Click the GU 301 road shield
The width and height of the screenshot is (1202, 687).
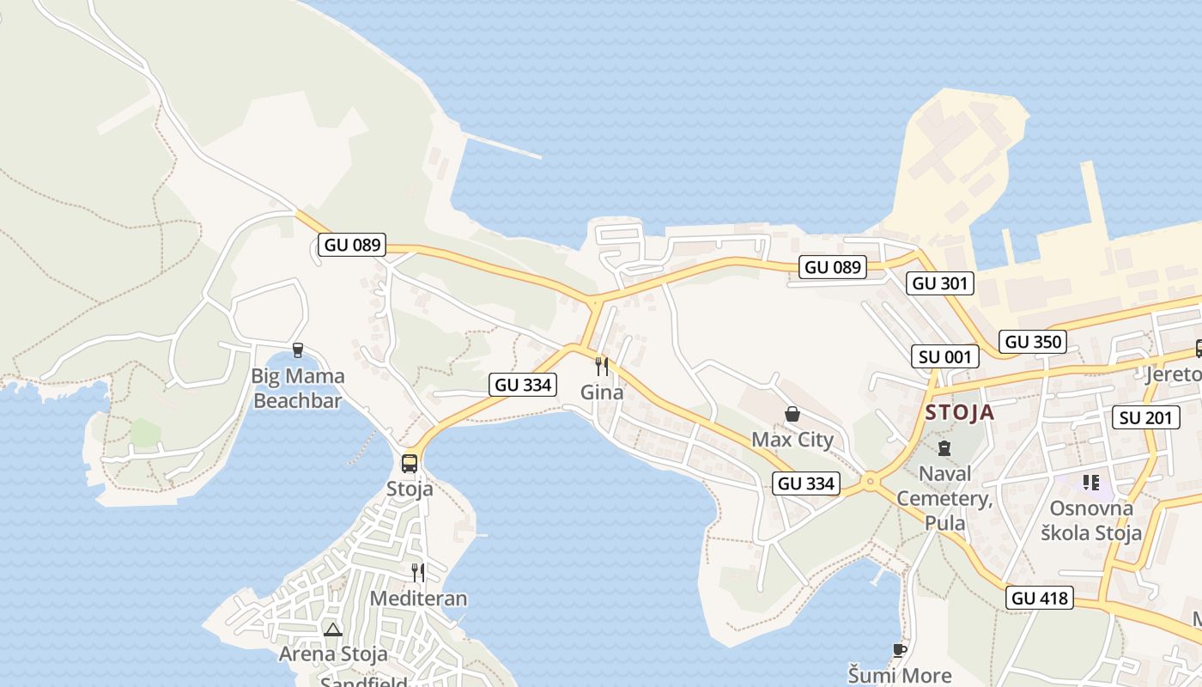940,283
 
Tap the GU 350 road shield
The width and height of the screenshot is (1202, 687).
1034,341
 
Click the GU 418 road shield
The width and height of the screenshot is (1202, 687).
1041,598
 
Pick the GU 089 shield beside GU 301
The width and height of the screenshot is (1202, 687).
832,267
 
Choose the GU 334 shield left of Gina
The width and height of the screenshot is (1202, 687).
523,385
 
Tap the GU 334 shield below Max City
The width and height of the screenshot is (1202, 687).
806,483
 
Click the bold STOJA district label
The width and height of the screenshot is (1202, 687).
960,412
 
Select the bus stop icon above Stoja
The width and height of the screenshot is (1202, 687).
410,464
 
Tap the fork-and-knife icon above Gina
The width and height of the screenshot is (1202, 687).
602,367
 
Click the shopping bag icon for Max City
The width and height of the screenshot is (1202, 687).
792,415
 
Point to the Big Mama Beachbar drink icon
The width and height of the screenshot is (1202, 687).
298,350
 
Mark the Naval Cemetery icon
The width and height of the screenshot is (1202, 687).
944,447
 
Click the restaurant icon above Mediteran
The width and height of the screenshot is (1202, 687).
418,573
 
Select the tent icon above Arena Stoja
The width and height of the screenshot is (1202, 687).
333,629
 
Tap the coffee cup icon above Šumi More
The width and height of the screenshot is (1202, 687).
899,650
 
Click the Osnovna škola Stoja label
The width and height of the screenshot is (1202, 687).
1091,520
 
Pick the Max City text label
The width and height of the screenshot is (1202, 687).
792,440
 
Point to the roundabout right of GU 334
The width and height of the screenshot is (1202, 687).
871,482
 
